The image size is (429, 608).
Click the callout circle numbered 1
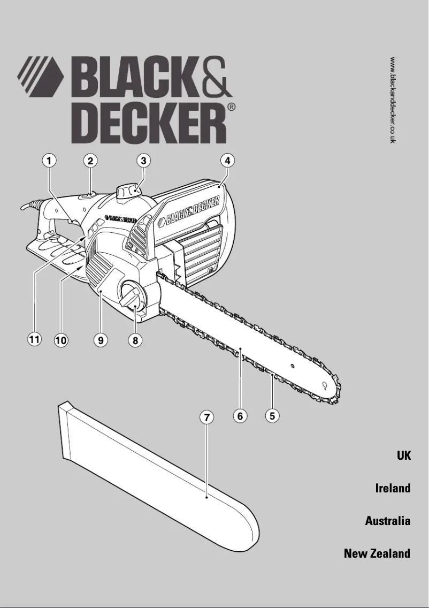(x=49, y=160)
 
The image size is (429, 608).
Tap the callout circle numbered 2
(x=90, y=160)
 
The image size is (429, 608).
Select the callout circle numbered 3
(x=143, y=160)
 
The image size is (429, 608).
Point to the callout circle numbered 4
(x=227, y=160)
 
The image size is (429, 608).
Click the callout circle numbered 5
(x=273, y=415)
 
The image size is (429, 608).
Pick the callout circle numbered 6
(x=241, y=415)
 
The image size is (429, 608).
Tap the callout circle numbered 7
(x=207, y=417)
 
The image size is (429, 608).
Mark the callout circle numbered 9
(x=100, y=339)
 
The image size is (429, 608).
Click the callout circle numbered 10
(x=61, y=339)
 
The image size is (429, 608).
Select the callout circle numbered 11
(x=34, y=339)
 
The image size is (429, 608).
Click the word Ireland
(x=393, y=488)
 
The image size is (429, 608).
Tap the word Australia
(x=388, y=521)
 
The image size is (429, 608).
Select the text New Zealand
(x=377, y=553)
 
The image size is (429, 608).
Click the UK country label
(x=403, y=455)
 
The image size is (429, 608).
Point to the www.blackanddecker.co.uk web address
(x=393, y=100)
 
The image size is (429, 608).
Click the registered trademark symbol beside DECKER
(x=232, y=107)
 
